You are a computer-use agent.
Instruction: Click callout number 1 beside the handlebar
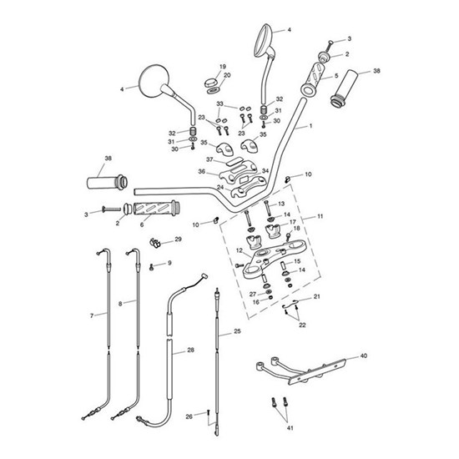pyautogui.click(x=310, y=127)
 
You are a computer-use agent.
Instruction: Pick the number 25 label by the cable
pyautogui.click(x=237, y=332)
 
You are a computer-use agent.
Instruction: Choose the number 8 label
pyautogui.click(x=121, y=303)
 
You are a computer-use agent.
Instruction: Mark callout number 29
pyautogui.click(x=177, y=240)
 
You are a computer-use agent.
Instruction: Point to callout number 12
pyautogui.click(x=238, y=250)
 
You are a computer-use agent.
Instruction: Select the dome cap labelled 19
pyautogui.click(x=210, y=81)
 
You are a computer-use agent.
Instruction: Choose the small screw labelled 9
pyautogui.click(x=150, y=267)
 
